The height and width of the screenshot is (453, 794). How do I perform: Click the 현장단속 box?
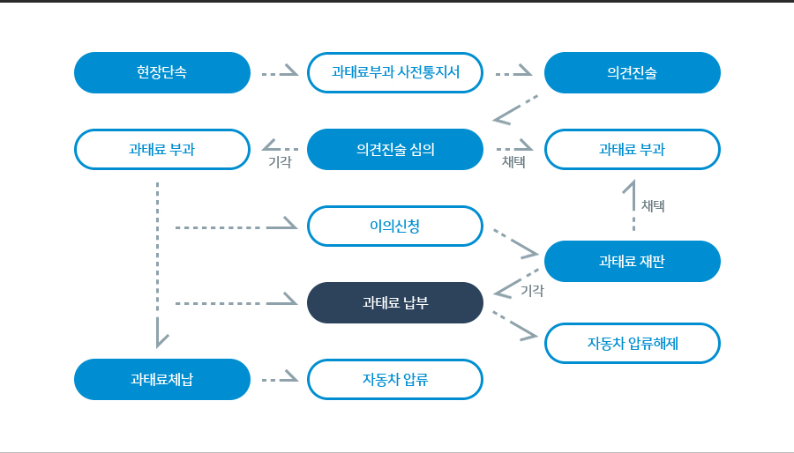pyautogui.click(x=162, y=72)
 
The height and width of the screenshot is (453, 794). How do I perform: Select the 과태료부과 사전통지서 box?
pyautogui.click(x=395, y=72)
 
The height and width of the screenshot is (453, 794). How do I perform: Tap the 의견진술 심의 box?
pyautogui.click(x=395, y=149)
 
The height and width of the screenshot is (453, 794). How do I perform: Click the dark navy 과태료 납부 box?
pyautogui.click(x=395, y=302)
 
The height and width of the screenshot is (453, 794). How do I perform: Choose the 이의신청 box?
pyautogui.click(x=395, y=226)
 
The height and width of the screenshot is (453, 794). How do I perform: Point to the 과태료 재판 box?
pyautogui.click(x=632, y=261)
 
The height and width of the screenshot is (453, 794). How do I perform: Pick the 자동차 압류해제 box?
pyautogui.click(x=632, y=344)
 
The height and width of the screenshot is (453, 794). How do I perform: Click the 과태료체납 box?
pyautogui.click(x=162, y=379)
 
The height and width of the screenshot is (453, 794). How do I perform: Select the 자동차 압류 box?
pyautogui.click(x=395, y=379)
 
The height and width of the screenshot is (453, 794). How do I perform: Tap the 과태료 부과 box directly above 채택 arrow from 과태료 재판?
pyautogui.click(x=632, y=149)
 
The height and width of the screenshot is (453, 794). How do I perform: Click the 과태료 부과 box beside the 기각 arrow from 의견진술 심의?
pyautogui.click(x=162, y=149)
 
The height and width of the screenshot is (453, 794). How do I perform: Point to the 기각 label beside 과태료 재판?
pyautogui.click(x=532, y=291)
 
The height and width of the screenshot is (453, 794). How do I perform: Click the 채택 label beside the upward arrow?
pyautogui.click(x=653, y=205)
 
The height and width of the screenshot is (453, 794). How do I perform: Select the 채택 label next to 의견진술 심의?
pyautogui.click(x=513, y=162)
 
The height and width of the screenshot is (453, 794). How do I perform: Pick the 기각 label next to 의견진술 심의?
pyautogui.click(x=280, y=162)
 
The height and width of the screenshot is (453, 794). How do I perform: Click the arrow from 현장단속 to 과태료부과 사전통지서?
pyautogui.click(x=280, y=72)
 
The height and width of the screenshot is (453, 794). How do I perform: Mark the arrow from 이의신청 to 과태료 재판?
pyautogui.click(x=515, y=242)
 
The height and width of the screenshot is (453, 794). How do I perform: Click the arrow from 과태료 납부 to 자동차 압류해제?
pyautogui.click(x=515, y=325)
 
